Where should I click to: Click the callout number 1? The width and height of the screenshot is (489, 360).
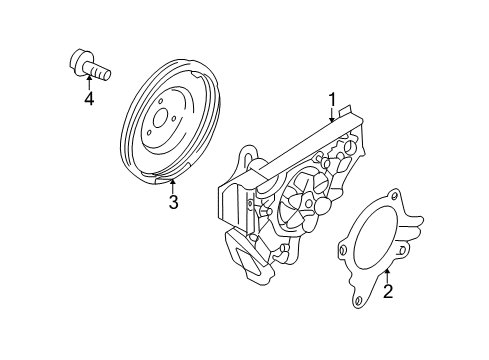(x=332, y=100)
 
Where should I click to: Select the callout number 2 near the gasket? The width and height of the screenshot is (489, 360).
(x=388, y=291)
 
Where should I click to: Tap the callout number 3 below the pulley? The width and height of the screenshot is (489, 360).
(x=173, y=202)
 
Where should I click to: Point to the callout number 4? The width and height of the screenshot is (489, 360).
(x=89, y=98)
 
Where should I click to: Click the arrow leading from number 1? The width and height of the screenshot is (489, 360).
(x=332, y=115)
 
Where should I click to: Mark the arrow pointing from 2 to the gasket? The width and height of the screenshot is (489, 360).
(x=387, y=275)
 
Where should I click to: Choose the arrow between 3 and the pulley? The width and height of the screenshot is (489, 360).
(x=173, y=186)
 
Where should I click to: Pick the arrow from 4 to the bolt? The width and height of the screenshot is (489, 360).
(x=89, y=83)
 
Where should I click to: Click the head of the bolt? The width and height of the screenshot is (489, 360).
(x=79, y=62)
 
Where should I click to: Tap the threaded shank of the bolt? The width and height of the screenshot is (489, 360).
(x=99, y=72)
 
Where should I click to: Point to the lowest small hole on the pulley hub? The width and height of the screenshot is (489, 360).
(x=149, y=132)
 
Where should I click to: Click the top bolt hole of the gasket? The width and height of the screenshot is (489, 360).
(x=394, y=196)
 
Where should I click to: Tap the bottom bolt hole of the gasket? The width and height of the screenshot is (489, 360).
(x=359, y=300)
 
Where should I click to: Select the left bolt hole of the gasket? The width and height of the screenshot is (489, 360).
(x=343, y=250)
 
